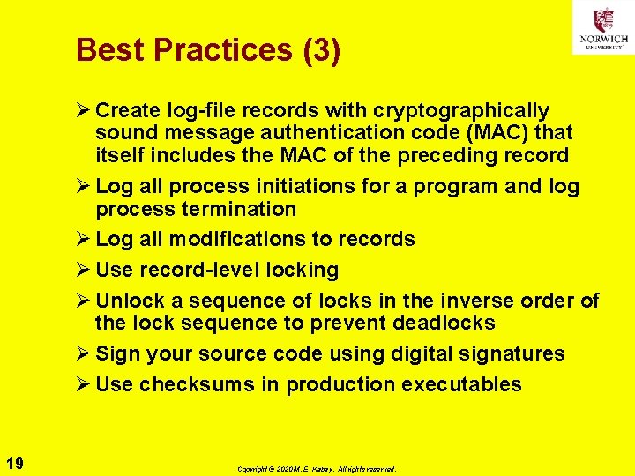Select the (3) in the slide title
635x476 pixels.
pyautogui.click(x=321, y=50)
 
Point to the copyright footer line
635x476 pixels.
pyautogui.click(x=317, y=470)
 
